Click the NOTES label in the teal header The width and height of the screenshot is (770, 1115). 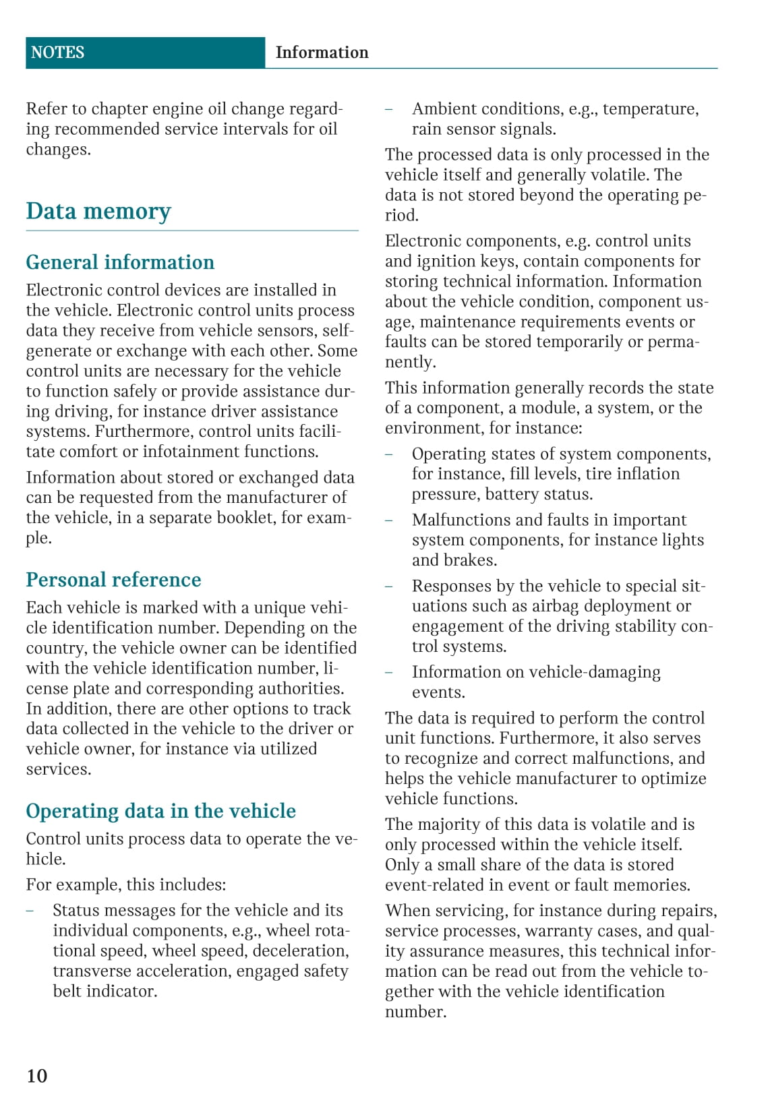(57, 53)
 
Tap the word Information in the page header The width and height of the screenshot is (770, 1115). (322, 53)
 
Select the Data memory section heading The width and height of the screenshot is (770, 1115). (98, 211)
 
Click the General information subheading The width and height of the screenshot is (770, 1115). (120, 262)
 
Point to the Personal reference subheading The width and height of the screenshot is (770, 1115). (113, 580)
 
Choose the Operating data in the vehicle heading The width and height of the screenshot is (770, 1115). (160, 810)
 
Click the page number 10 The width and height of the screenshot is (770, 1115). (37, 1075)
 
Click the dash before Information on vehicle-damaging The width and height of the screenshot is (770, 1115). (389, 672)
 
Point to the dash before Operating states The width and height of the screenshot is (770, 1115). (389, 454)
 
